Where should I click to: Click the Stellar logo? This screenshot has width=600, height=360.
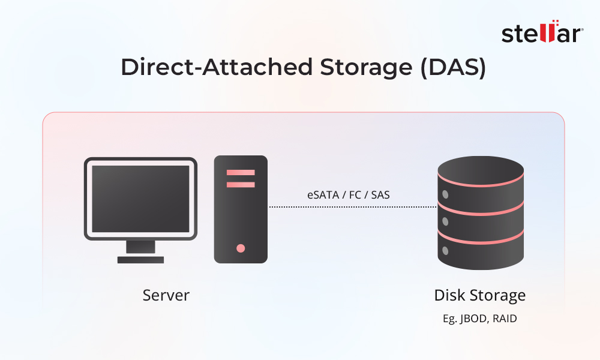coord(542,34)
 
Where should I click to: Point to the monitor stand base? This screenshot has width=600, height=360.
coord(140,260)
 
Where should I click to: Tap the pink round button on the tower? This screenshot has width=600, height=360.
coord(241,248)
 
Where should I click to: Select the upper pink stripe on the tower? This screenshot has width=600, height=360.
coord(241,173)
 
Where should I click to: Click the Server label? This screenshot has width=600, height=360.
coord(166,295)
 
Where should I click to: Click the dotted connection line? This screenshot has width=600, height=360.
coord(352,207)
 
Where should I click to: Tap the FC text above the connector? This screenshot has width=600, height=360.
coord(357,194)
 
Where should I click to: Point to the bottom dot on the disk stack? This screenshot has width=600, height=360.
coord(445,250)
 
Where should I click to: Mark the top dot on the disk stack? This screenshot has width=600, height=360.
coord(445,194)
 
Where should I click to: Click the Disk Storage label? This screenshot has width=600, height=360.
coord(479,295)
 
